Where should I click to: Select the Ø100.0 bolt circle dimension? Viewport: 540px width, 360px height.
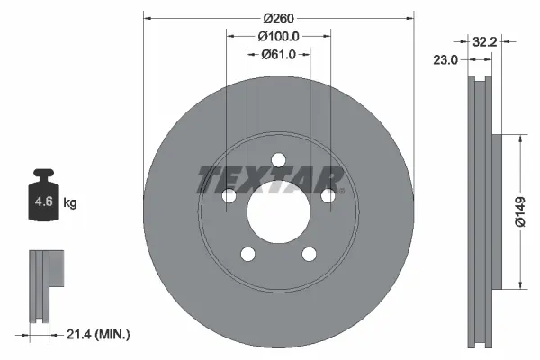(278, 36)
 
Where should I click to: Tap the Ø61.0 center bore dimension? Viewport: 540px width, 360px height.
(278, 55)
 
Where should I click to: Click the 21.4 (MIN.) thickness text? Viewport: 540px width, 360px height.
(99, 334)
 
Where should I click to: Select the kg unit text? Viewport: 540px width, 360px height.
(70, 203)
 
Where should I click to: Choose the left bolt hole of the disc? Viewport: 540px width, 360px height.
(228, 196)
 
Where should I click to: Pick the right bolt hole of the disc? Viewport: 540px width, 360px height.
(328, 194)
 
